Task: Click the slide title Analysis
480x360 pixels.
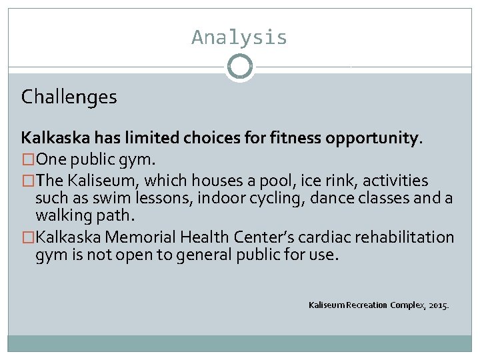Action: pyautogui.click(x=239, y=37)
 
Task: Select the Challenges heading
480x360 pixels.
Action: pyautogui.click(x=69, y=97)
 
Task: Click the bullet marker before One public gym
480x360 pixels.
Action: pyautogui.click(x=28, y=159)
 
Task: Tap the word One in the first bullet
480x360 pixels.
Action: pyautogui.click(x=50, y=159)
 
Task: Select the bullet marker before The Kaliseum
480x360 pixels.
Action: pyautogui.click(x=28, y=181)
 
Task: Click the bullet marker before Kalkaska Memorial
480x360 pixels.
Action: pyautogui.click(x=28, y=237)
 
